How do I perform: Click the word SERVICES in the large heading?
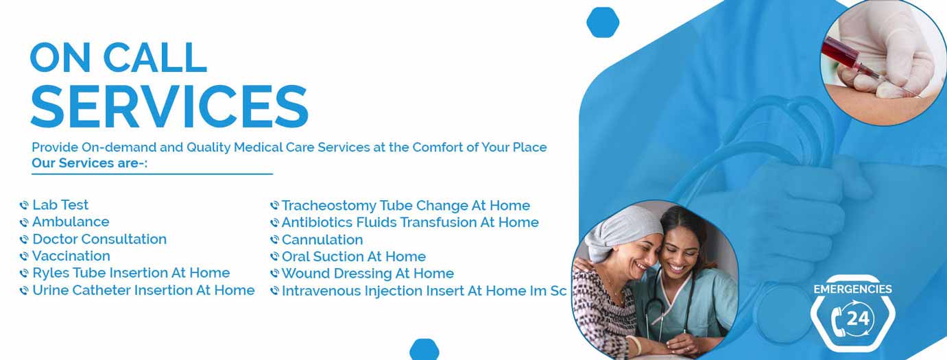click(x=169, y=106)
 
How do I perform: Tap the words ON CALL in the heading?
click(x=119, y=58)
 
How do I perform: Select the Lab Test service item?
click(x=60, y=205)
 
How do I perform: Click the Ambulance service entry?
click(x=71, y=222)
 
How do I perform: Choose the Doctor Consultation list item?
click(x=99, y=239)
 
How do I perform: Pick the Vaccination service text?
click(x=71, y=256)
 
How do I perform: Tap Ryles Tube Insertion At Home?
click(x=131, y=273)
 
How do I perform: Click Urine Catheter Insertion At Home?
click(x=144, y=290)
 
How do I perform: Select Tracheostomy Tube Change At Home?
click(x=406, y=206)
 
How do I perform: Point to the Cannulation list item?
click(x=322, y=239)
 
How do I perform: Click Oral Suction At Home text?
click(x=354, y=256)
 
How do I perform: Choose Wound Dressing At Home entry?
click(x=368, y=274)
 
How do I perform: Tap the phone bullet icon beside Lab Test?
click(x=24, y=205)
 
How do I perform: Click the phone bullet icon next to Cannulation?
click(x=274, y=240)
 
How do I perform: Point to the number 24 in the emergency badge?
click(x=858, y=318)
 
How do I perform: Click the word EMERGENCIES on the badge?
click(x=853, y=289)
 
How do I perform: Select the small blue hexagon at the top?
click(x=603, y=22)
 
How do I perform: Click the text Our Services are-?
click(x=90, y=163)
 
